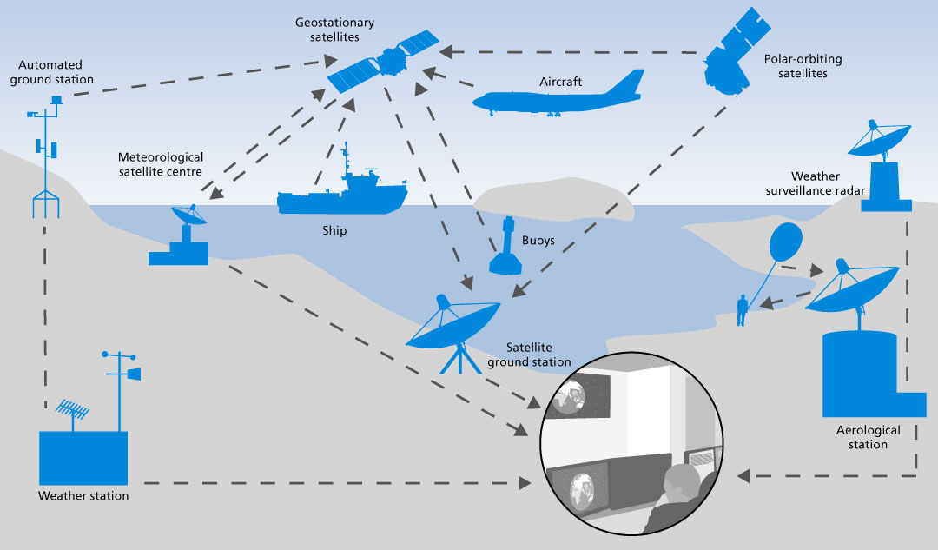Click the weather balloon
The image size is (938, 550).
[x=787, y=242]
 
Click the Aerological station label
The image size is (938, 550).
[x=869, y=437]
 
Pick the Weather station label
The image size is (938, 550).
[x=83, y=496]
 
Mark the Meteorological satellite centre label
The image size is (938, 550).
[x=161, y=164]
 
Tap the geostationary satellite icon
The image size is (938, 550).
[x=382, y=64]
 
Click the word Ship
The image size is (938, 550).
[x=334, y=231]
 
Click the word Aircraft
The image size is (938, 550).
[x=560, y=82]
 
